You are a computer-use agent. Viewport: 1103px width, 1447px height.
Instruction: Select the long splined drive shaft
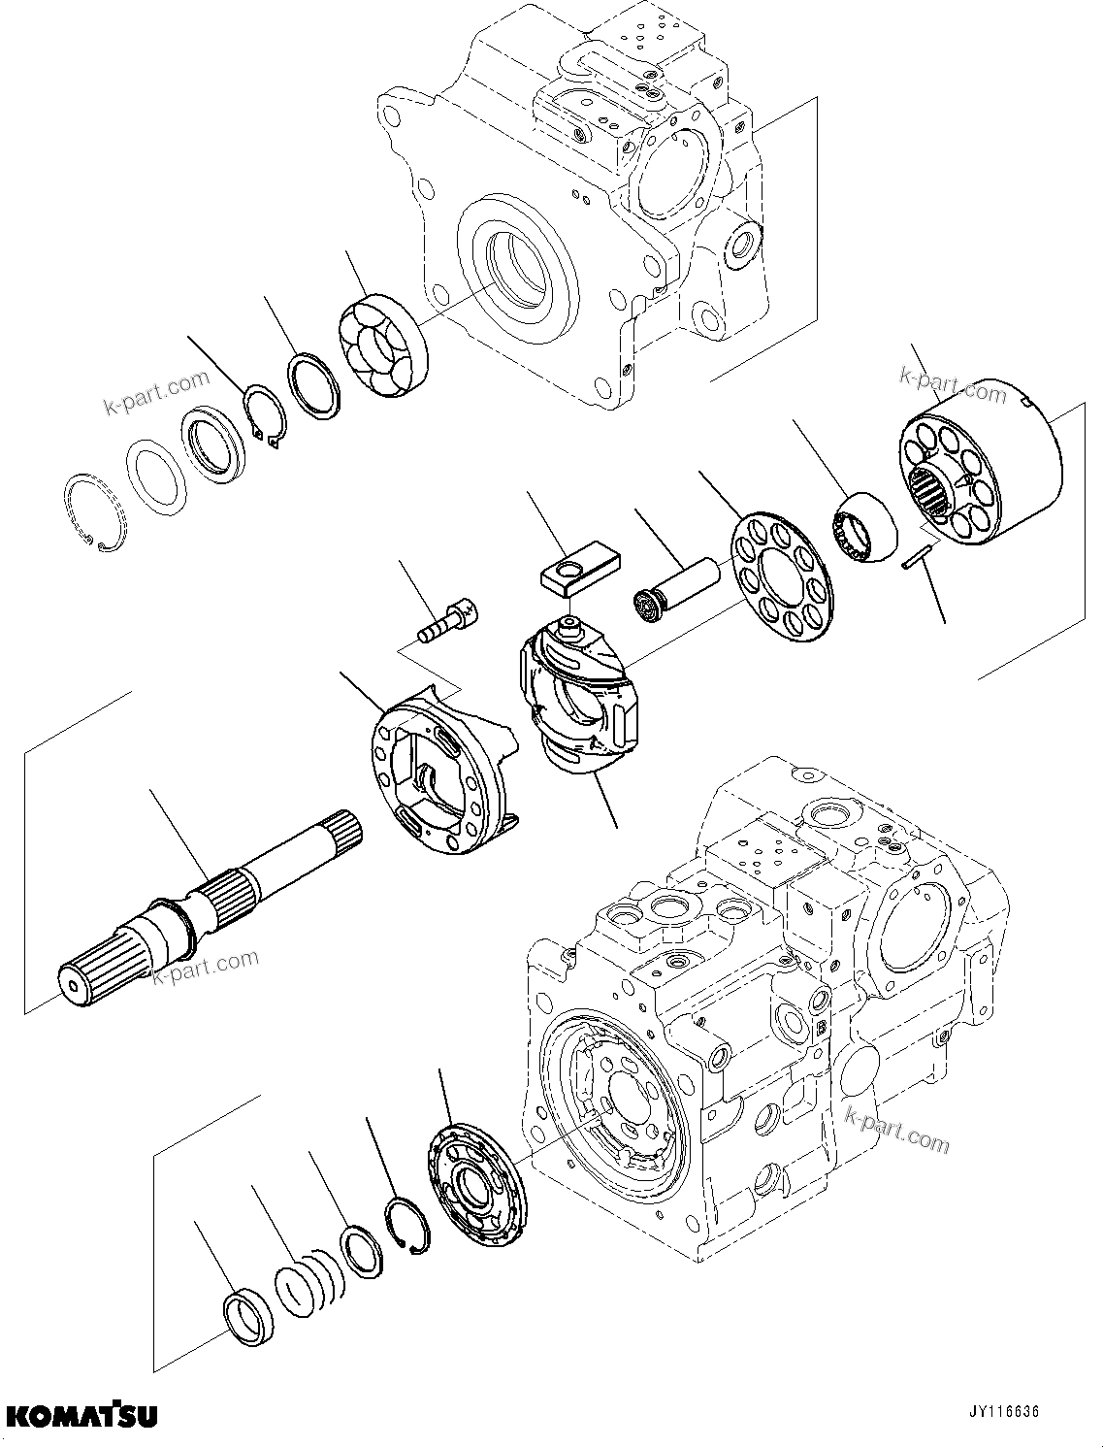[x=209, y=907]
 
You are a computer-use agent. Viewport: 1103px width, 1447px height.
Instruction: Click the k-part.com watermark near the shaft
[x=206, y=967]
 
